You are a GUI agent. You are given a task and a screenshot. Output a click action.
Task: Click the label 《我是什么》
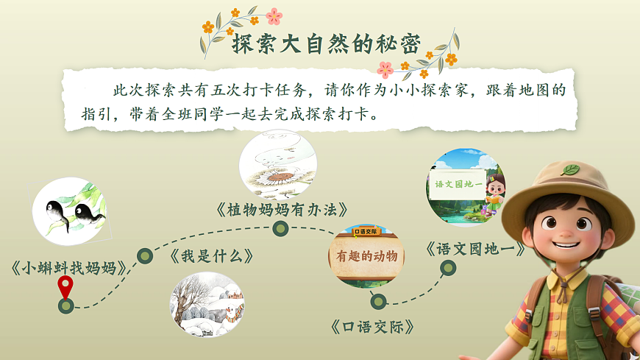click(x=212, y=256)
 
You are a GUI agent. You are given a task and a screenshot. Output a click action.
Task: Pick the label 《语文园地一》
click(x=476, y=249)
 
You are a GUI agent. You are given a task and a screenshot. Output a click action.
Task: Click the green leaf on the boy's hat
click(x=571, y=170)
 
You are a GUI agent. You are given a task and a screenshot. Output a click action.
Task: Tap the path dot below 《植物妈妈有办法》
click(x=280, y=229)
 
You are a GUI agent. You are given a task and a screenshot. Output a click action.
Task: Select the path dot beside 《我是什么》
click(x=146, y=255)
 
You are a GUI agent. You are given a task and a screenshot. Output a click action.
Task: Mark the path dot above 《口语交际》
click(x=378, y=301)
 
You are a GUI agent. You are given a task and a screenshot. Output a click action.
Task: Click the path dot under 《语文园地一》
click(x=448, y=269)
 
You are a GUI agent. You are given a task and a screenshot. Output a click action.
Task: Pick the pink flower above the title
click(x=274, y=16)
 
